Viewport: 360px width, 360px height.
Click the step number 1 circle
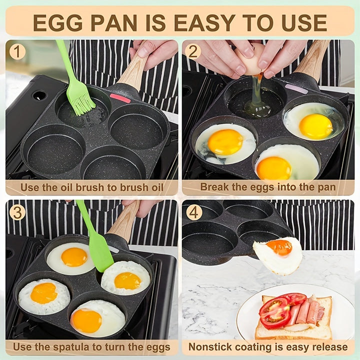(x=17, y=51)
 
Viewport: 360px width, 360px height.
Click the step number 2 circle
(x=193, y=51)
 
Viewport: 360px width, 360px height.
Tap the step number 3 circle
(x=17, y=212)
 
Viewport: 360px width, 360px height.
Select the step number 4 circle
(x=194, y=212)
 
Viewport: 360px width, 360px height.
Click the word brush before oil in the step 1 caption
(x=121, y=187)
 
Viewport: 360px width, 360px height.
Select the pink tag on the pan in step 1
(x=120, y=98)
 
